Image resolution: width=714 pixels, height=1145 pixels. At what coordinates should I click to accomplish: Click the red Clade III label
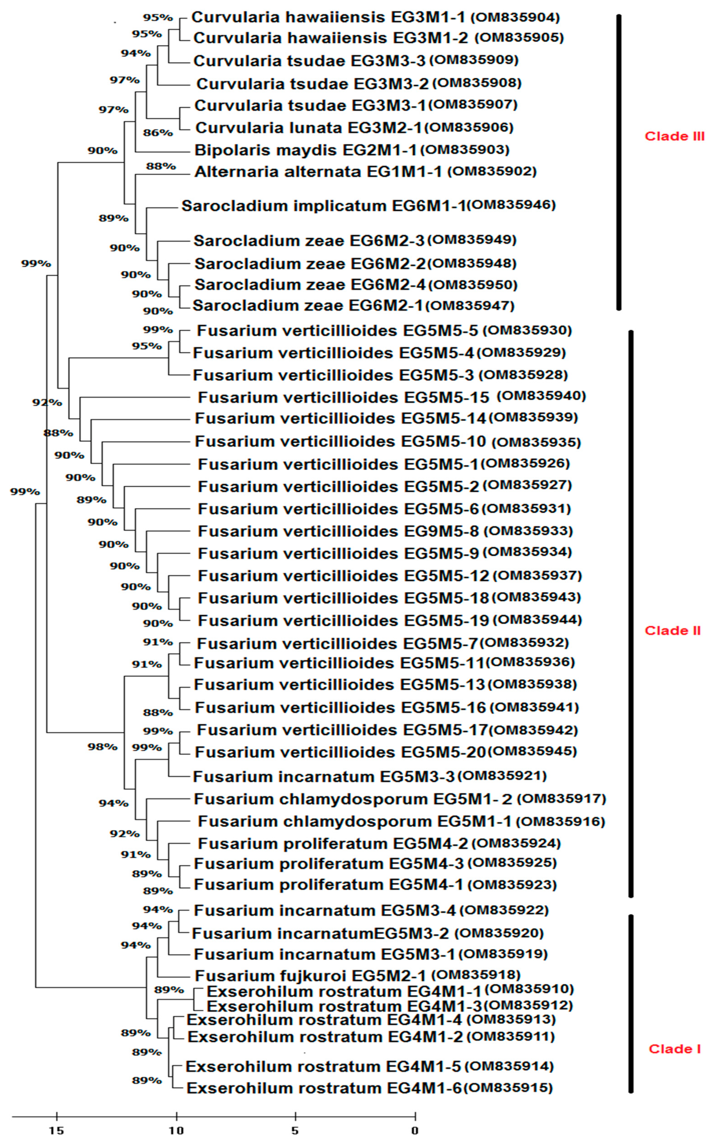(674, 136)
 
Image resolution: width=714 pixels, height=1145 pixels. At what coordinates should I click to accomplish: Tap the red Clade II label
(672, 631)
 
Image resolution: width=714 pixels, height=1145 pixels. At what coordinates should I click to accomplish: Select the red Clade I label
(674, 1049)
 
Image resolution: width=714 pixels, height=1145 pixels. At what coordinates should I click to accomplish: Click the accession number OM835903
(465, 150)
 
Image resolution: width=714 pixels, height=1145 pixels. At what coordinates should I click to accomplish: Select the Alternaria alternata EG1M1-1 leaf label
(318, 172)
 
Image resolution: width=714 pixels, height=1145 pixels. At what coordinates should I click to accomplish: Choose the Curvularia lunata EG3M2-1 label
(309, 128)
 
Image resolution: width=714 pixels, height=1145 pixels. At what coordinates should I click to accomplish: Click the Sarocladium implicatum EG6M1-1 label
(324, 206)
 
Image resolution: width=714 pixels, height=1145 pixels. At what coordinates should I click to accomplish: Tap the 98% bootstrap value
(102, 747)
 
